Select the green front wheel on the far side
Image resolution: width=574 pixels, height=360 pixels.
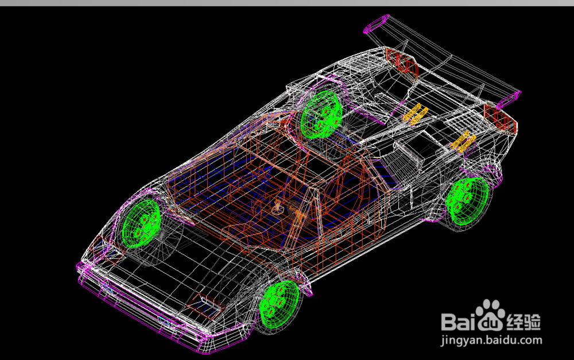coord(141,223)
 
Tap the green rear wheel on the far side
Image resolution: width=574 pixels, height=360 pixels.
coord(321,114)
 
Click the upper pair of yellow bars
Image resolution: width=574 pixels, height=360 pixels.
coord(416,114)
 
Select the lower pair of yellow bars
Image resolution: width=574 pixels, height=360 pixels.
coord(463,142)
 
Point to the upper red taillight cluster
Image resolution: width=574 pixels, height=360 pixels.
coord(402,62)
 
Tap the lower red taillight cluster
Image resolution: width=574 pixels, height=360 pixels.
coord(500,118)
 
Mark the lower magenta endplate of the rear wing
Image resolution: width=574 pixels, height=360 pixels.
coord(509,99)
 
